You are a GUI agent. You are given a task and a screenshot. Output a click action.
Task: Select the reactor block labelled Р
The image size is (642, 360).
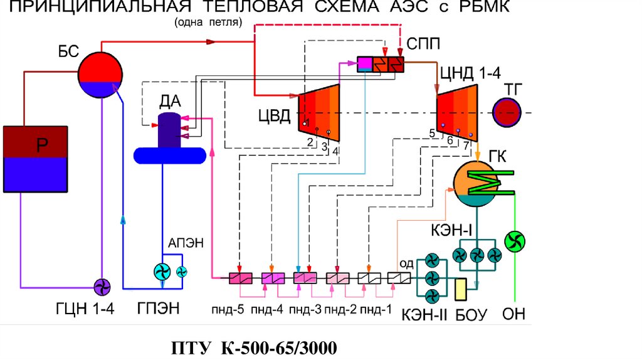(35, 159)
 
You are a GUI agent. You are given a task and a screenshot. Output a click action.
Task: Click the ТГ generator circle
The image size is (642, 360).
(507, 113)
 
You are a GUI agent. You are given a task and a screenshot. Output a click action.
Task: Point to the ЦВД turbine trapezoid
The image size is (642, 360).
(320, 113)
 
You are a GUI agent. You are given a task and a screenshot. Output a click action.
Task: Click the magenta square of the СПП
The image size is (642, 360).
(364, 64)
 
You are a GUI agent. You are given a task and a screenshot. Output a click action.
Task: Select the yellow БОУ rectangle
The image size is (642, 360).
(463, 289)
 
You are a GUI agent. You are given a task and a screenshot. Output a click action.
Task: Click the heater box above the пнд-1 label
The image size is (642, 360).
(368, 278)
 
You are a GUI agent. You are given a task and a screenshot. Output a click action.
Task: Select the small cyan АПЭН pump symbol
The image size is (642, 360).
(182, 272)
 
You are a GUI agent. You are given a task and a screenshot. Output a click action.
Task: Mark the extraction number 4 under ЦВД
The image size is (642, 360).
(336, 151)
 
